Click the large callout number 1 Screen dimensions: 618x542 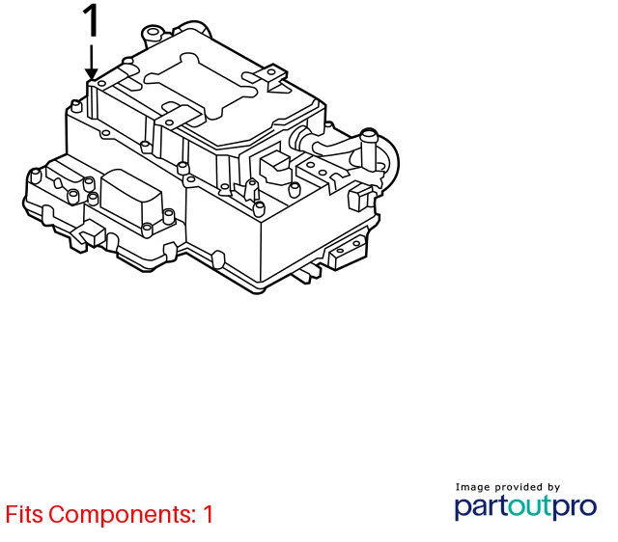tap(92, 20)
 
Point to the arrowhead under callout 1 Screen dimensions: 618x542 tap(92, 73)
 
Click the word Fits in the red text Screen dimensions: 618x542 tap(24, 514)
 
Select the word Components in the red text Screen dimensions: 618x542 tap(123, 515)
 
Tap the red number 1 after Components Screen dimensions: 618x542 tap(209, 514)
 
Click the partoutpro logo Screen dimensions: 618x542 tap(525, 507)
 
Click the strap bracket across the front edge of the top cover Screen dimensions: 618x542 tap(180, 117)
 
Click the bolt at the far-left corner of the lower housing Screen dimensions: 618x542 tap(35, 176)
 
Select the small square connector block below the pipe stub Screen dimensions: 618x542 tap(360, 196)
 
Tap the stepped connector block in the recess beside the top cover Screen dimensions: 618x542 tap(274, 165)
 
